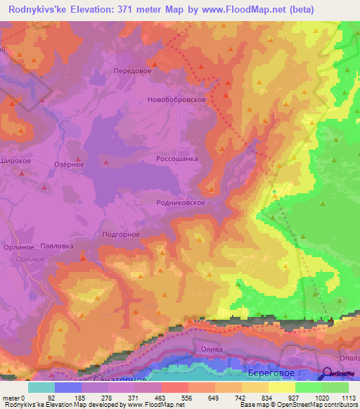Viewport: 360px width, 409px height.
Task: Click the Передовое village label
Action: pos(133,71)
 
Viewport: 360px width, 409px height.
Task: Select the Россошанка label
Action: pos(176,159)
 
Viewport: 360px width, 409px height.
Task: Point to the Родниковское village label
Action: pos(181,202)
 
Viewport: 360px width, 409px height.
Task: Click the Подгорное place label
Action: pos(121,235)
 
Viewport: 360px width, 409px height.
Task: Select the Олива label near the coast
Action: pos(212,349)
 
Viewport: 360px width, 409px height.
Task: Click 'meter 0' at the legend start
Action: pos(13,398)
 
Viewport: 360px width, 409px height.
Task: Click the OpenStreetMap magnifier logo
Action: pos(328,375)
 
